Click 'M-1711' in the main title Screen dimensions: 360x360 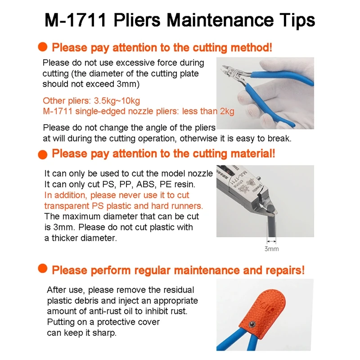[76, 20]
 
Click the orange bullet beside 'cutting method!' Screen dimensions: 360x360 [43, 47]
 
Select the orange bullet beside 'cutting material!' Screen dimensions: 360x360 [43, 154]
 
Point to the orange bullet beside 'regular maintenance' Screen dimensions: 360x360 [43, 268]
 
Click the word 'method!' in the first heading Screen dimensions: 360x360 [251, 48]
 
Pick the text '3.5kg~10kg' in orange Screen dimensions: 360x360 [117, 101]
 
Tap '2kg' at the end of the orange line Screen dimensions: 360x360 [227, 111]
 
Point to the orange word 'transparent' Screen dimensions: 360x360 [67, 206]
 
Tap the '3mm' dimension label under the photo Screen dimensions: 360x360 [272, 249]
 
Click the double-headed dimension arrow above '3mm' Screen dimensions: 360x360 [271, 241]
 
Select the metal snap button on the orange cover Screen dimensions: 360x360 [252, 324]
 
